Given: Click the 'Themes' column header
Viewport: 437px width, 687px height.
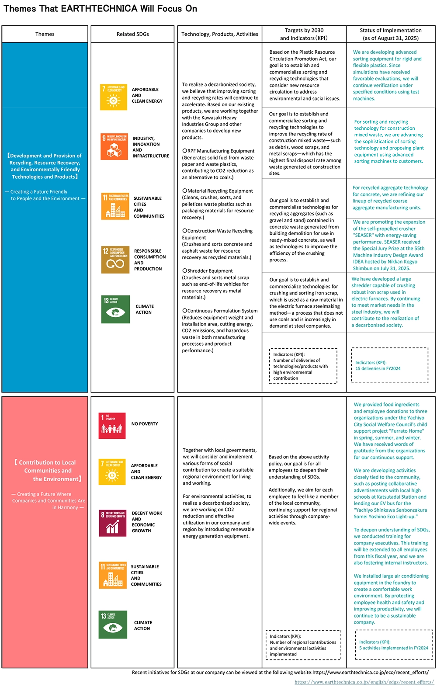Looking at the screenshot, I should pyautogui.click(x=45, y=34).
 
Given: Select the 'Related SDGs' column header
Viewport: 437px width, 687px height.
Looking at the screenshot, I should pyautogui.click(x=132, y=34).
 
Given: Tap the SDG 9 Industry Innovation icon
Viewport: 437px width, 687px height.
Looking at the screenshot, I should pyautogui.click(x=114, y=147).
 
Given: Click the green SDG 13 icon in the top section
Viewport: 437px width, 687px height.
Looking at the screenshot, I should pyautogui.click(x=115, y=309).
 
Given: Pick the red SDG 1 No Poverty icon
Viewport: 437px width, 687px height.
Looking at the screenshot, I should pyautogui.click(x=112, y=426).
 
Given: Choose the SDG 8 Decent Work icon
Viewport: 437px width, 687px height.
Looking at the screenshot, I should pyautogui.click(x=112, y=523).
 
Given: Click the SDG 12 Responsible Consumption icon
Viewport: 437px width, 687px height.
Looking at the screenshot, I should pyautogui.click(x=115, y=260).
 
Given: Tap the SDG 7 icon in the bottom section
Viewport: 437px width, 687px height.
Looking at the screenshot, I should pyautogui.click(x=112, y=472).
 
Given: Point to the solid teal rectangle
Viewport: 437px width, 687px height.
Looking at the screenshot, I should pyautogui.click(x=390, y=142).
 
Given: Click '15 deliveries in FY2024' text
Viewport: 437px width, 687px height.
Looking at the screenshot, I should pyautogui.click(x=378, y=368).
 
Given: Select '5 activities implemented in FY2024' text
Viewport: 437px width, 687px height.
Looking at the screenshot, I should pyautogui.click(x=393, y=648).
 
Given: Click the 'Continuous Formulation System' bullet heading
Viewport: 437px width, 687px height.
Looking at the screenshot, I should pyautogui.click(x=222, y=311).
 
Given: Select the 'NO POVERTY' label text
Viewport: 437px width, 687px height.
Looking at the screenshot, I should pyautogui.click(x=145, y=424).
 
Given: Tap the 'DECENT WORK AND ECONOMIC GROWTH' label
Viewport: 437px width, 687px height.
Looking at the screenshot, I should pyautogui.click(x=147, y=522).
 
